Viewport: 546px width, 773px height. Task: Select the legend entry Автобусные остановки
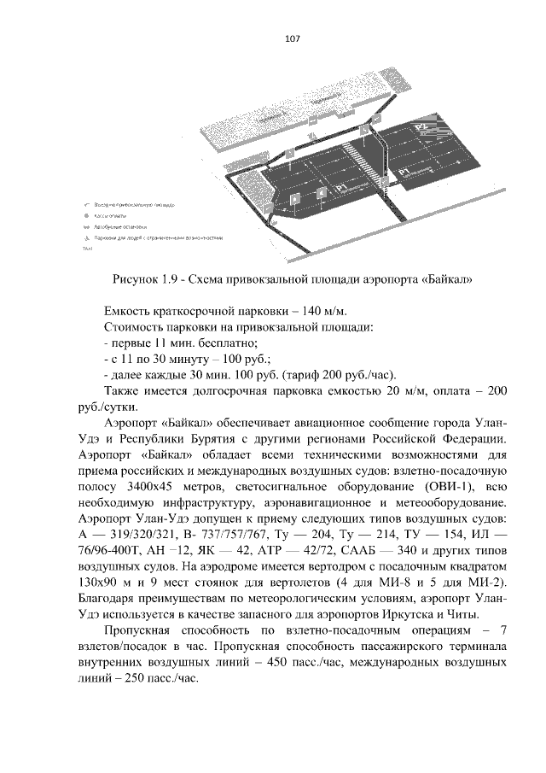point(118,227)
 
